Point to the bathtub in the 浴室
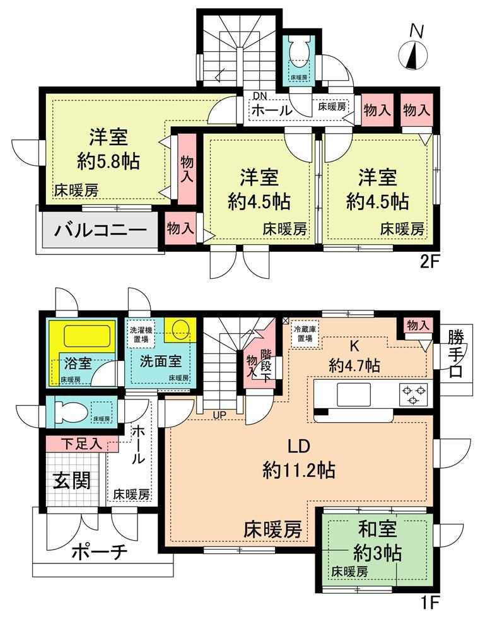click(x=87, y=336)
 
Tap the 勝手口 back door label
click(x=456, y=354)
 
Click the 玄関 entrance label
click(x=72, y=480)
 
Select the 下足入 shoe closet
click(x=83, y=444)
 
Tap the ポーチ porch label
click(x=100, y=552)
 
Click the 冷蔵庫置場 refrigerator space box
click(x=303, y=334)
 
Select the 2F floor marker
click(x=429, y=262)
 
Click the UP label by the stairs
click(x=219, y=415)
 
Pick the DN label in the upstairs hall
click(x=261, y=95)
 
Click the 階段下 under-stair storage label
click(x=265, y=365)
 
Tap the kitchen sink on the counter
click(x=354, y=394)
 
